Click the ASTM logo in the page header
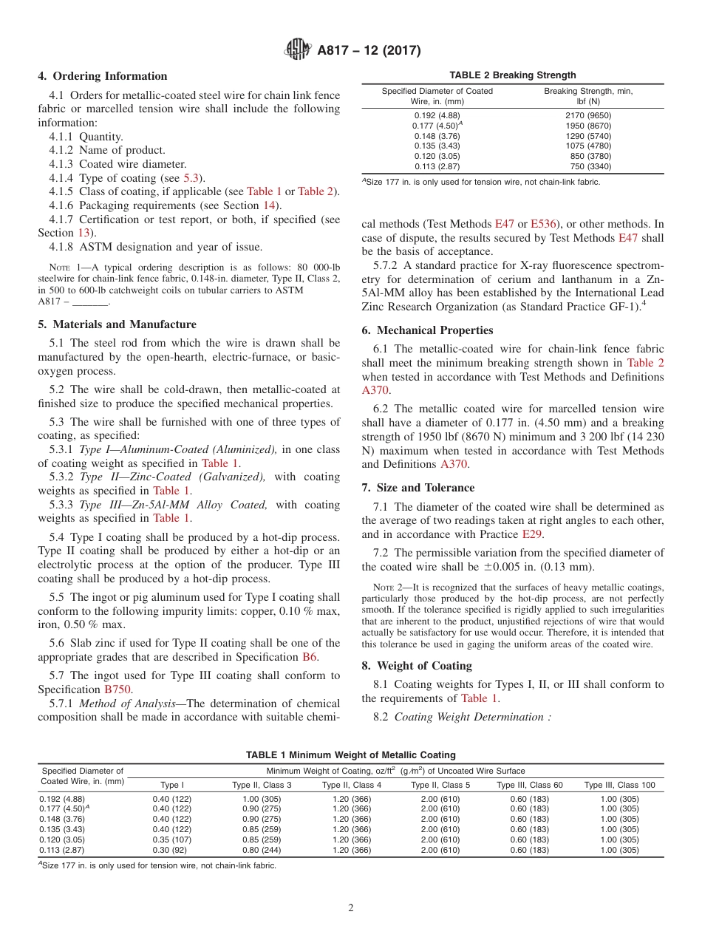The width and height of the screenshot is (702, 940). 298,50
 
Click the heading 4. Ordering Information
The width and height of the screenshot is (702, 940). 103,76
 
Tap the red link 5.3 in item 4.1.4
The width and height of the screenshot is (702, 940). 191,178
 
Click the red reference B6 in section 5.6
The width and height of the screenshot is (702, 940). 310,657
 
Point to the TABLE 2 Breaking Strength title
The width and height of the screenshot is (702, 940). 513,75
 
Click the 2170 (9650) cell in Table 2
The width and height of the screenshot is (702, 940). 587,115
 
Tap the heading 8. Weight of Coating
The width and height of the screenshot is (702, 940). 417,666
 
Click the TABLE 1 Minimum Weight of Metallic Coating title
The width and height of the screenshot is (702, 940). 351,755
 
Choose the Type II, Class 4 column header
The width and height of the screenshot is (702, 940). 352,785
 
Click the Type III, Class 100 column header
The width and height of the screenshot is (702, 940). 619,785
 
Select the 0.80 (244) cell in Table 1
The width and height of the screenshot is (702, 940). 262,851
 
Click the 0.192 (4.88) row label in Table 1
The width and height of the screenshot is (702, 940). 61,799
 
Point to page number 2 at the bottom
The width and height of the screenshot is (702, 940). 350,908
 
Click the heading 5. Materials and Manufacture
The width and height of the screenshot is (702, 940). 117,324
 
